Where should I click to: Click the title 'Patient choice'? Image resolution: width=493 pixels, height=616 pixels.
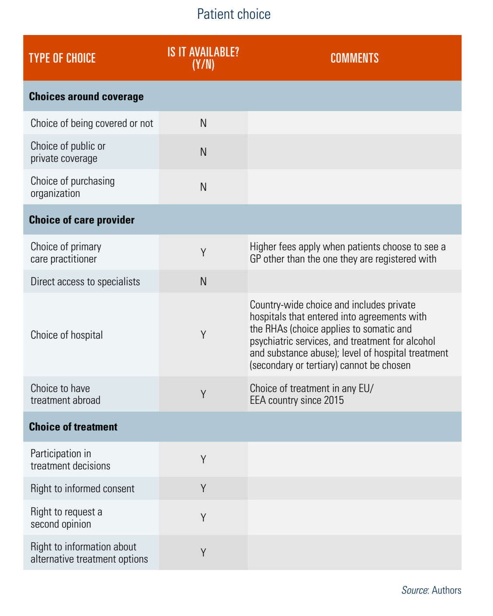tap(234, 14)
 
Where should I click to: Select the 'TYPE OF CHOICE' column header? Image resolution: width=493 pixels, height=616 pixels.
tap(62, 58)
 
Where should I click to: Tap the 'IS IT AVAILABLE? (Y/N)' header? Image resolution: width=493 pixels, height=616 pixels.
tap(203, 58)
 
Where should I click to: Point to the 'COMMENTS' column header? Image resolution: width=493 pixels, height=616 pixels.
tap(354, 58)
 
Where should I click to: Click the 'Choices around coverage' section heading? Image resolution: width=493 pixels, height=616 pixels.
tap(86, 97)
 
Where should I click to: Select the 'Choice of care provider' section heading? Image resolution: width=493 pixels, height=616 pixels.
tap(82, 220)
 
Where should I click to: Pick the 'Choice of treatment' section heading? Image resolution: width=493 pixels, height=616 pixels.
tap(73, 427)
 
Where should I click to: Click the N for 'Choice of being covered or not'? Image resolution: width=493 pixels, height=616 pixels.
tap(203, 123)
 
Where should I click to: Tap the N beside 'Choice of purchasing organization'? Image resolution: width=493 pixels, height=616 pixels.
tap(203, 187)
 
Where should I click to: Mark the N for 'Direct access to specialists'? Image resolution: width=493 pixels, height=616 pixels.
tap(203, 282)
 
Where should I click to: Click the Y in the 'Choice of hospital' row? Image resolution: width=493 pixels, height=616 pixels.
tap(203, 335)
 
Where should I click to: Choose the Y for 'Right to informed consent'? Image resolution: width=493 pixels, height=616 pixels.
tap(203, 489)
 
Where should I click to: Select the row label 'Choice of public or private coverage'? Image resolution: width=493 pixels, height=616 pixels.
tap(68, 152)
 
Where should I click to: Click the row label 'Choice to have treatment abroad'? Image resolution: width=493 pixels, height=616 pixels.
tap(66, 394)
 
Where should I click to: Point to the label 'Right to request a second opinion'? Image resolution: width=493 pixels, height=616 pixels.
tap(66, 518)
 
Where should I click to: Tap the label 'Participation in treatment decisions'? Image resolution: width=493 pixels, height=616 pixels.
tap(70, 459)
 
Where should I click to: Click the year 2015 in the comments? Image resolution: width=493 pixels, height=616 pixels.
tap(333, 400)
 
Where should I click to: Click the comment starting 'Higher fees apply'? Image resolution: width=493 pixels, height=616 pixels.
tap(347, 253)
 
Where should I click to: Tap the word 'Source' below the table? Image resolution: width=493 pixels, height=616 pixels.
tap(415, 590)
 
